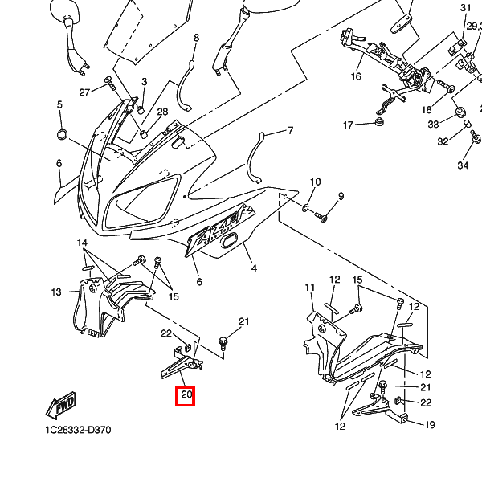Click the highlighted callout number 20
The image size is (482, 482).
[186, 395]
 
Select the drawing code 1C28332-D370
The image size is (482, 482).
[78, 430]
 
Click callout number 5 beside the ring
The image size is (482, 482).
[59, 105]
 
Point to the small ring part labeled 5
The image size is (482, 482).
[62, 133]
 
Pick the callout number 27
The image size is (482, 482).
[84, 92]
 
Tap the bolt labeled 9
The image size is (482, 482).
[322, 216]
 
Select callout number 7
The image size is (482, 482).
[290, 130]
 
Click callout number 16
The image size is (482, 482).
[356, 77]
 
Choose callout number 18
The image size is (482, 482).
[427, 109]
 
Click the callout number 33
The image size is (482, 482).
[433, 124]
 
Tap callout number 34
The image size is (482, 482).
[463, 165]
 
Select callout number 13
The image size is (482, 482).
[56, 292]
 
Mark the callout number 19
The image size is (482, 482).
[429, 425]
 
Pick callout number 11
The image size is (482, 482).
[309, 288]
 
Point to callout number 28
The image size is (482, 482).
[162, 112]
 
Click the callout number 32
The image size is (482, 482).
[443, 141]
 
